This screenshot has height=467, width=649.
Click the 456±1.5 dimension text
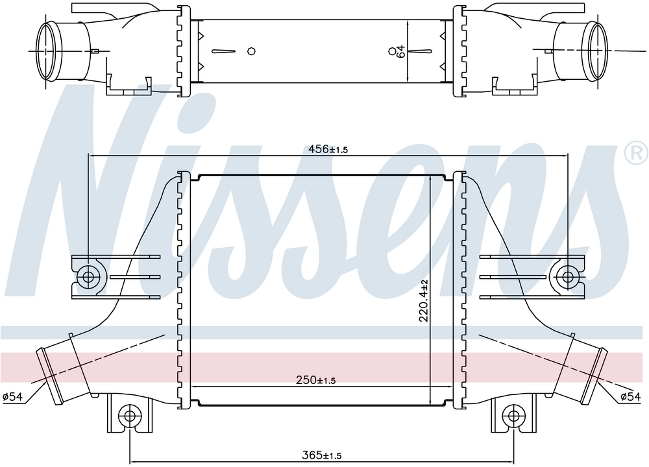point(328,149)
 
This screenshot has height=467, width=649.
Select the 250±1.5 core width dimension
point(316,379)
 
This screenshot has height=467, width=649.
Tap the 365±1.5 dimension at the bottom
point(322,455)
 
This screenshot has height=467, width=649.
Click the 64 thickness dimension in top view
point(400,51)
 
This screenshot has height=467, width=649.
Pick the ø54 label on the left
point(12,397)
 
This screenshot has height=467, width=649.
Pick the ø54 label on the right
point(630,397)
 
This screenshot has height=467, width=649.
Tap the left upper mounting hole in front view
point(88,276)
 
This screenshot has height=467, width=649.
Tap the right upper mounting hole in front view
point(567,276)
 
